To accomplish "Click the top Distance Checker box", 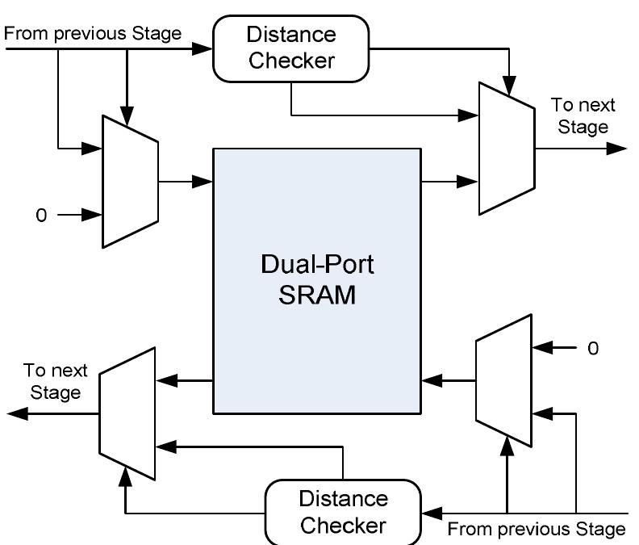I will (x=290, y=48).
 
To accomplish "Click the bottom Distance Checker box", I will (x=343, y=512).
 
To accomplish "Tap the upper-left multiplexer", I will (x=130, y=180).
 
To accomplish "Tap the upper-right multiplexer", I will (x=507, y=148).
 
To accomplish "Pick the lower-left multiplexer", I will (x=127, y=413).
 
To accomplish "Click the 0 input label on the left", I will (x=41, y=216).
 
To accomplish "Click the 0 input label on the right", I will (x=593, y=349).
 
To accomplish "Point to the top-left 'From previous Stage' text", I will (x=94, y=33).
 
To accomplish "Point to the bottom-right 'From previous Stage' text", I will (x=536, y=530).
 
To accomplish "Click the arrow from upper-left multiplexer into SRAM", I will (x=186, y=182).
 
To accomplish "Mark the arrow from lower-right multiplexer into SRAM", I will (x=448, y=379).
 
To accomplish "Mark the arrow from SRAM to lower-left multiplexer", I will (x=184, y=379).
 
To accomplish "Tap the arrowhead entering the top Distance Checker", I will (x=204, y=48).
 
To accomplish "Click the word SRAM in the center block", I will (x=318, y=296).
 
